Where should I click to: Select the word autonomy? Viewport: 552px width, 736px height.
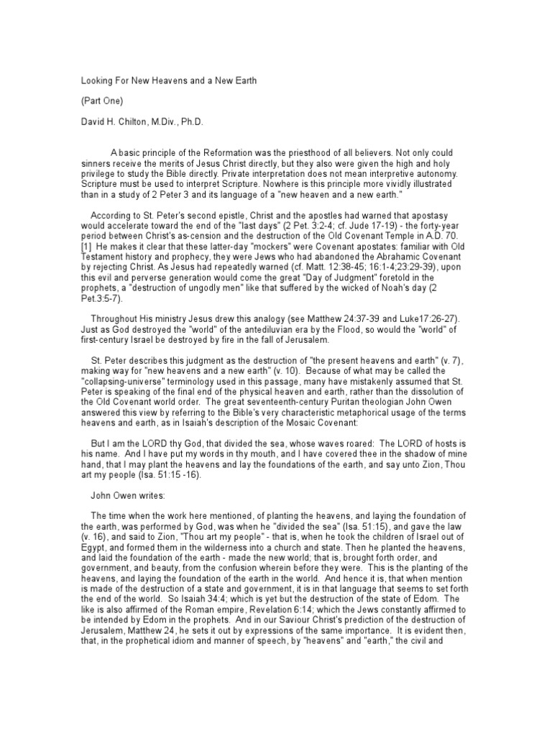(x=444, y=173)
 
